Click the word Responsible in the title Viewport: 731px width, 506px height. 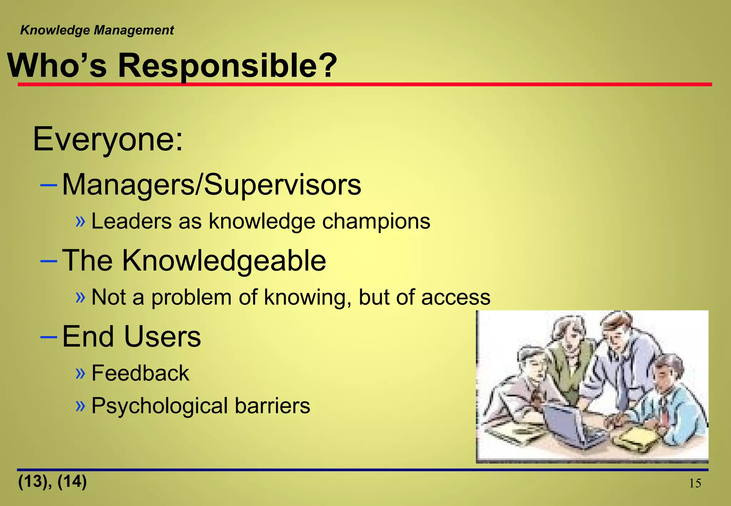[x=227, y=66]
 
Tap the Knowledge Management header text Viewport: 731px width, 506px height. [x=97, y=30]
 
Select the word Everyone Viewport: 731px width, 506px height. [x=107, y=139]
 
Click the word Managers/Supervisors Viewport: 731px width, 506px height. [x=211, y=185]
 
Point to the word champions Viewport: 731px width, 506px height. [x=376, y=222]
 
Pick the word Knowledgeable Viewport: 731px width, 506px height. [x=224, y=260]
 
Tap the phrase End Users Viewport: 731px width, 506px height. [x=131, y=337]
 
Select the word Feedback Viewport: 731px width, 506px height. [x=140, y=373]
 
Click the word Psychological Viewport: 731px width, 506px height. [x=160, y=406]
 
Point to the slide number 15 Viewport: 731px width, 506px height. [x=695, y=484]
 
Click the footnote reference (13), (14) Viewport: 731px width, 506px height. [x=52, y=481]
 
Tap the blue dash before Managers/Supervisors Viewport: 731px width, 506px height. [x=49, y=185]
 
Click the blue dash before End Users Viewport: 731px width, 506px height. [x=49, y=337]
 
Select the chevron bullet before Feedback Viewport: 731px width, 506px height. [x=81, y=373]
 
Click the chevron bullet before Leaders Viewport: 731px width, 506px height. [x=81, y=222]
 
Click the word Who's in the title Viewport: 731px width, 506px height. [x=57, y=66]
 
